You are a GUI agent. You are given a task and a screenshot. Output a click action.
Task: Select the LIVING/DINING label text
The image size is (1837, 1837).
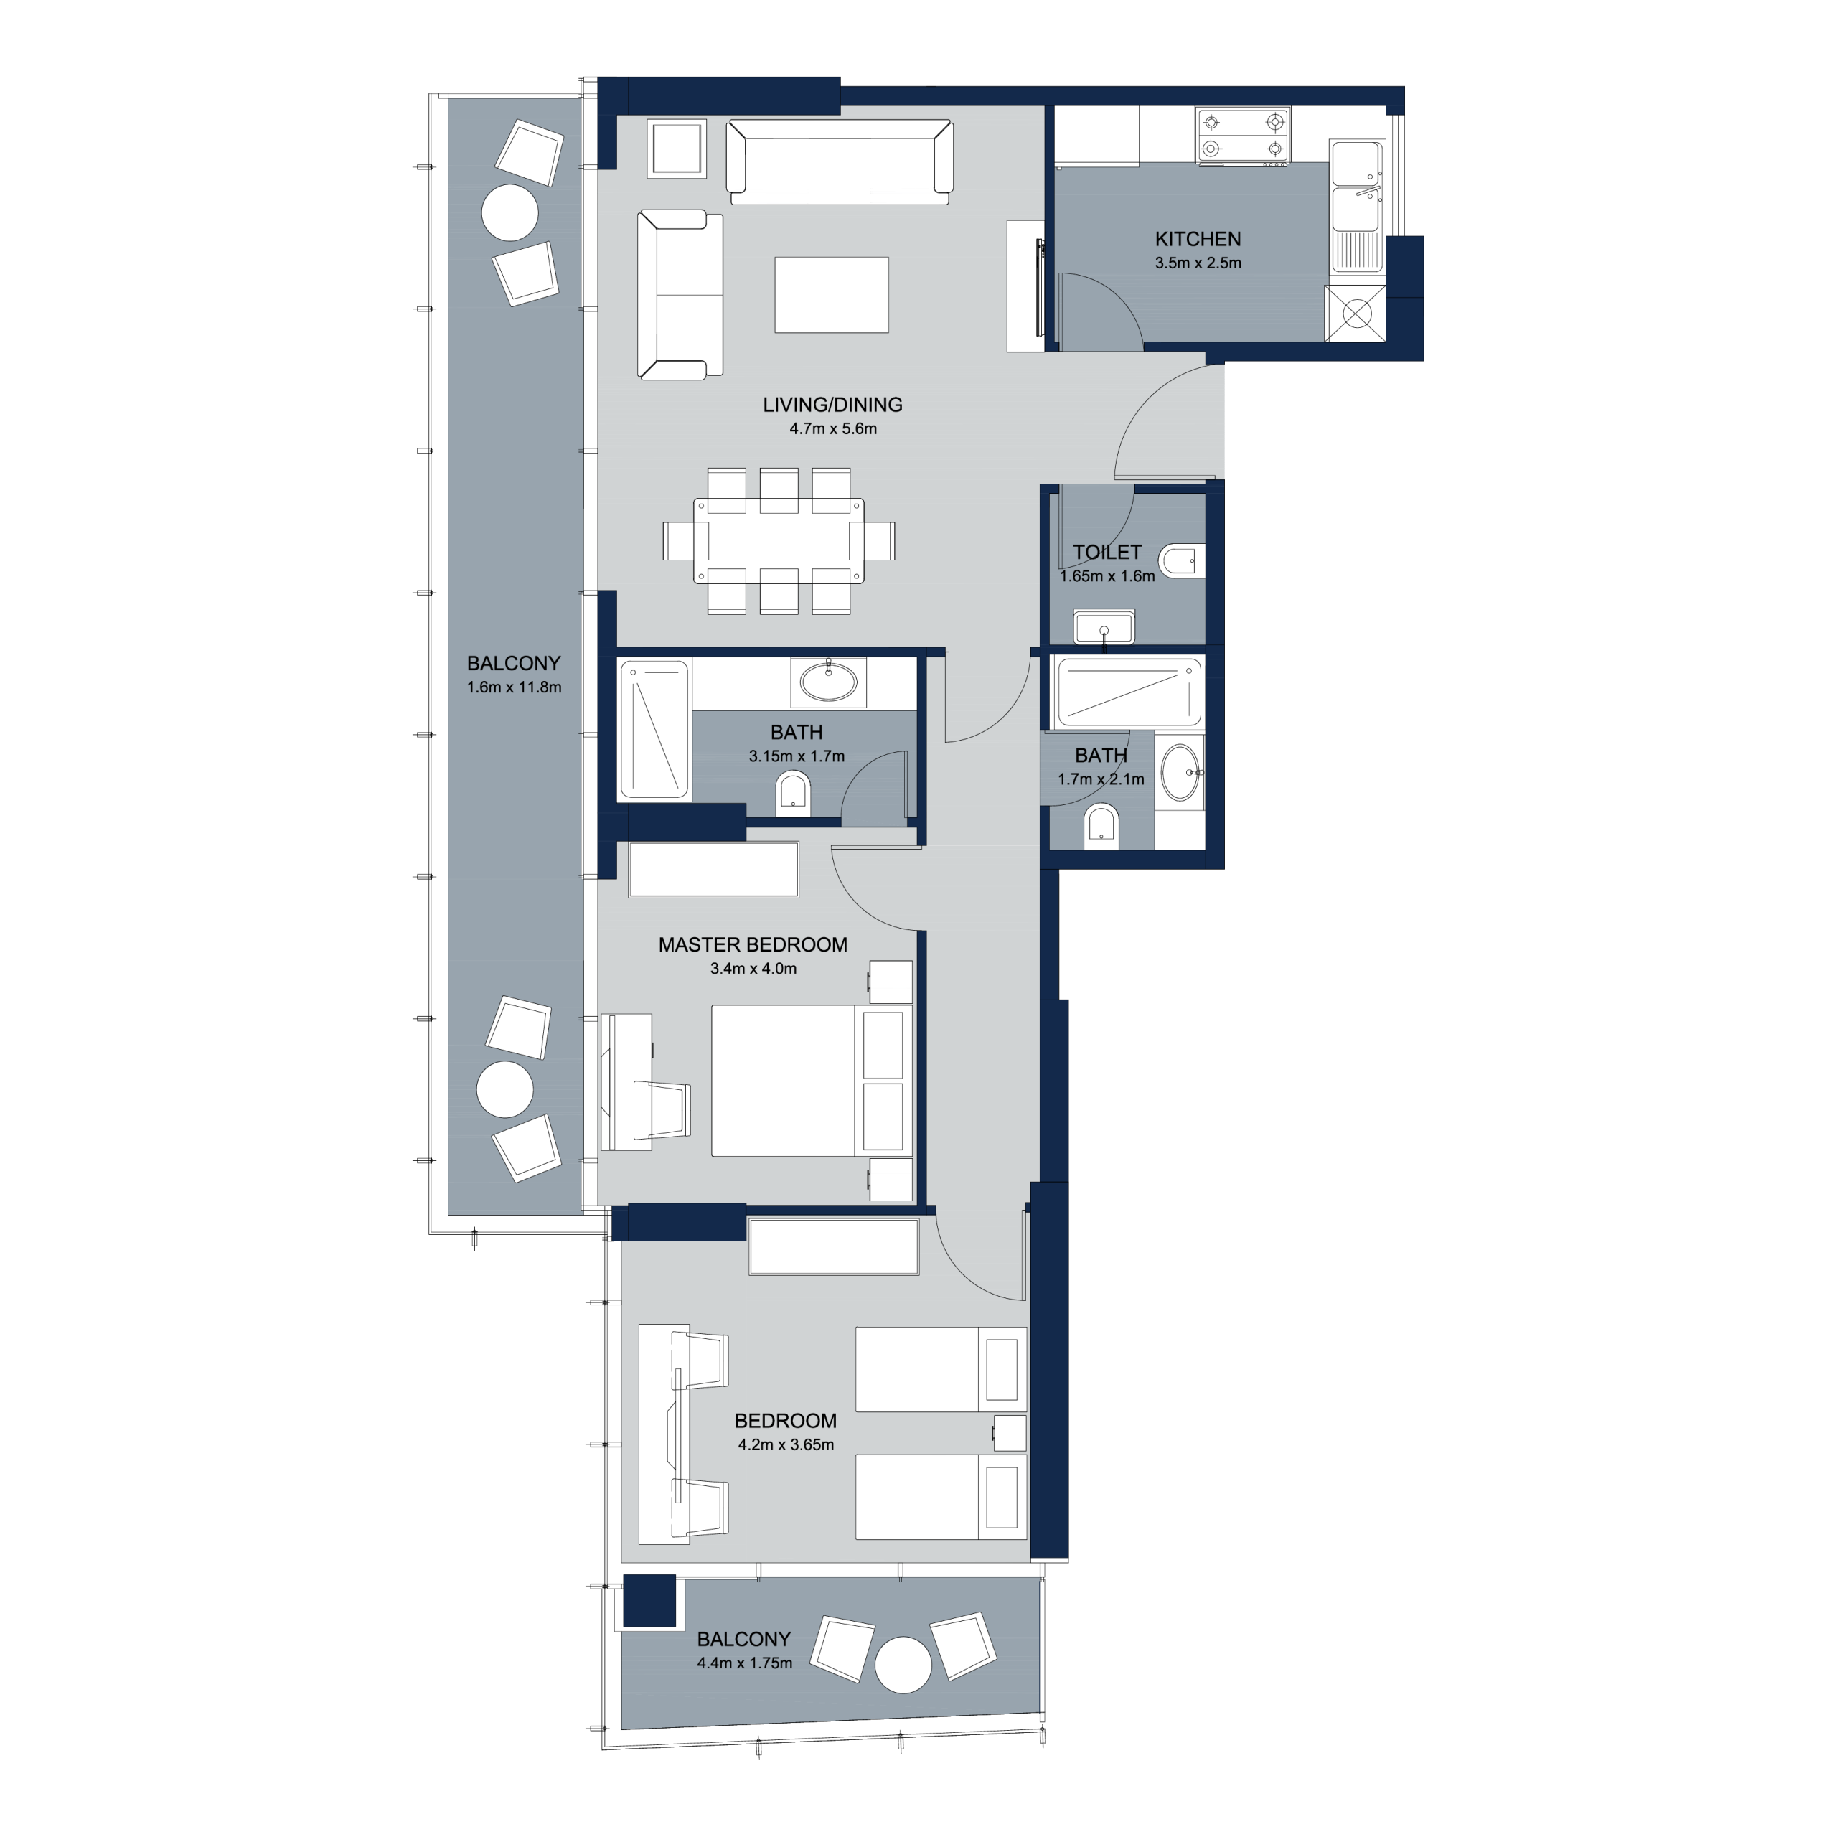832,405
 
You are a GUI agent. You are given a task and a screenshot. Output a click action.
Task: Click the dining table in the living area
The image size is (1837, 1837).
779,540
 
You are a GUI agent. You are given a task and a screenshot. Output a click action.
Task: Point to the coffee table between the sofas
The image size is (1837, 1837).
831,295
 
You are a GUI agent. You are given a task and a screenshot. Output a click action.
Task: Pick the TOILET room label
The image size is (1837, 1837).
1107,553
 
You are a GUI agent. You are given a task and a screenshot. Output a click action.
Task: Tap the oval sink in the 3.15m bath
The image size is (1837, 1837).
828,681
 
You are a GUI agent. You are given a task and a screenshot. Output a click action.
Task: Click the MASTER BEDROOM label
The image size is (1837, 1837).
753,945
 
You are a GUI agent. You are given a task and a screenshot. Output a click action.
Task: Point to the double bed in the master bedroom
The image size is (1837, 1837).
811,1081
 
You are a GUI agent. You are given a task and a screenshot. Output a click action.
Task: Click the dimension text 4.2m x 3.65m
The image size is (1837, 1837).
786,1444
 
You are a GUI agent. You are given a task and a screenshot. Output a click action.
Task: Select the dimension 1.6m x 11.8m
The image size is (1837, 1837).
515,687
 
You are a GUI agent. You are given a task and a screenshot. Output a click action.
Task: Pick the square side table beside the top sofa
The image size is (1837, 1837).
677,149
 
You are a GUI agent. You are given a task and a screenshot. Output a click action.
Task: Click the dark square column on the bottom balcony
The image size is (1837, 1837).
649,1600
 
